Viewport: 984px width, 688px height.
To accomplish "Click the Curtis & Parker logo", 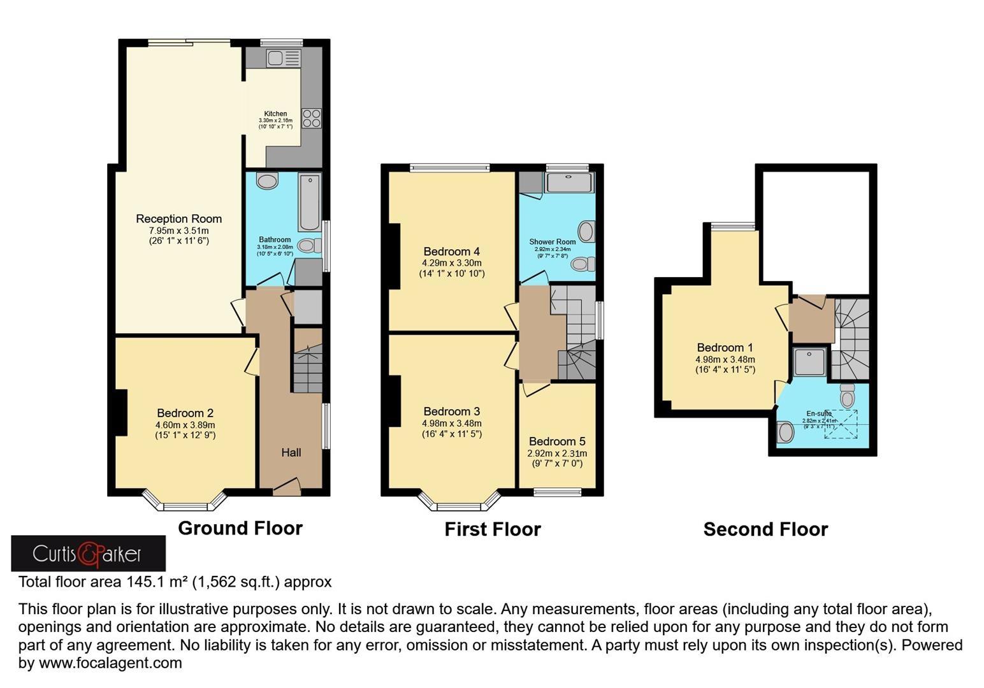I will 88,553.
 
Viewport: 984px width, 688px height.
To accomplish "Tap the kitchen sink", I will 284,59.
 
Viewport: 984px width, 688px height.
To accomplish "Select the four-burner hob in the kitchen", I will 312,118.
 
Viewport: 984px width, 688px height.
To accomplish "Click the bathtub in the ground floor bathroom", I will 310,201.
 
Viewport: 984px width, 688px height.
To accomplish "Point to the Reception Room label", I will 178,219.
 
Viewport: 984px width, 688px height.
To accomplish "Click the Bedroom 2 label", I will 185,413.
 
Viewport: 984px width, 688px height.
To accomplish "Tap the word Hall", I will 291,452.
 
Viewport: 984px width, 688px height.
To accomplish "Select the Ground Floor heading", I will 240,528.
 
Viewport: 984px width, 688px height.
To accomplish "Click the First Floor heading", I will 493,529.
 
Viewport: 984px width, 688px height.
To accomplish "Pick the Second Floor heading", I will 765,529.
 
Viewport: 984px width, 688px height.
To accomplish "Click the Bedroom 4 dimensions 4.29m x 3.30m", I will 451,262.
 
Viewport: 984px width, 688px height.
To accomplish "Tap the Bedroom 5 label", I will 557,441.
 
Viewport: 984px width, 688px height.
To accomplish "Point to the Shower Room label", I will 552,241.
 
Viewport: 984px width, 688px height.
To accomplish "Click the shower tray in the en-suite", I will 809,362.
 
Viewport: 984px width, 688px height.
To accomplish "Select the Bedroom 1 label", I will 725,347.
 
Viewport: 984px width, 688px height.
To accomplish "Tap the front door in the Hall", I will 287,487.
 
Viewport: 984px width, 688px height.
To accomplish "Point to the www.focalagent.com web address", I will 110,663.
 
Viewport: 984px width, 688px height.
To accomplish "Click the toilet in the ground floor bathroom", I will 308,246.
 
